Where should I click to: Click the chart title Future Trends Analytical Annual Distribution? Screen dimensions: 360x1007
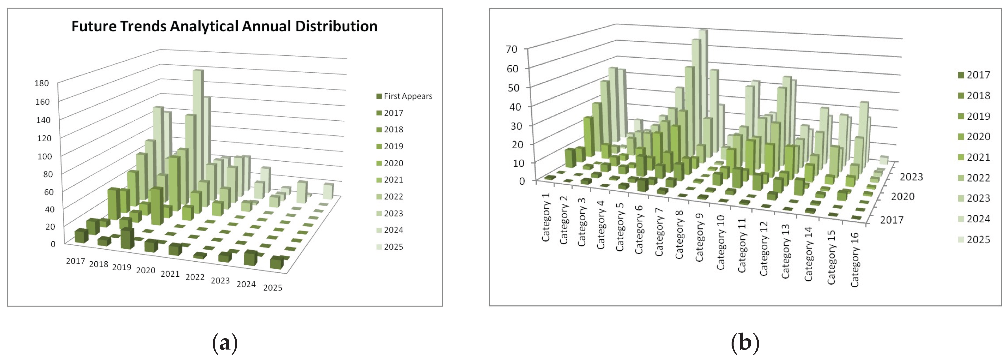pos(224,26)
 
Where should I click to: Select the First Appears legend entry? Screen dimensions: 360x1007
pos(407,96)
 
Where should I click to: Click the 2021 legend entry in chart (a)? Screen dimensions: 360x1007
pos(393,180)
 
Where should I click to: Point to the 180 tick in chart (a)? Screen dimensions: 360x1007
pos(42,83)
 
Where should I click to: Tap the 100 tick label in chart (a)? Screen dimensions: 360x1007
pos(44,156)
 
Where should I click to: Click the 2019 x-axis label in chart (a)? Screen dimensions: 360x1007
pos(121,267)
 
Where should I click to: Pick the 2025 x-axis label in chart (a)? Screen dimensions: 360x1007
pos(273,288)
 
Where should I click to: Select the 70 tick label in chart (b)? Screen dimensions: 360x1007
pos(511,49)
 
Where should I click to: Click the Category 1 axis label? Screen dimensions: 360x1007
pos(546,217)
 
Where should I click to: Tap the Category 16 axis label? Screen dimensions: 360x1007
pos(855,259)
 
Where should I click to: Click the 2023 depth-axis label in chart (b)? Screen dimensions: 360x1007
pos(911,177)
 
